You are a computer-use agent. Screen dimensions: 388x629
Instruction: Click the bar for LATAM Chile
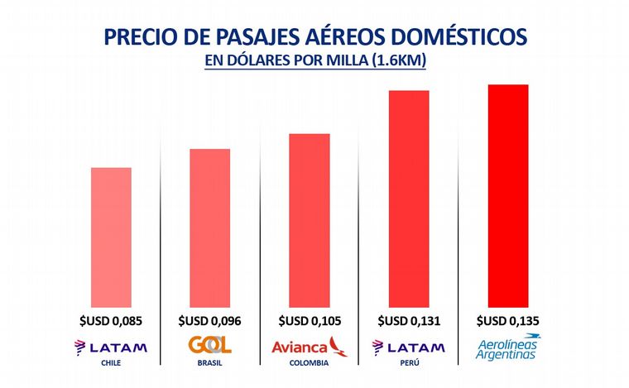(x=111, y=237)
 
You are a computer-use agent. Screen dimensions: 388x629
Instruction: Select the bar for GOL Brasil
(x=210, y=228)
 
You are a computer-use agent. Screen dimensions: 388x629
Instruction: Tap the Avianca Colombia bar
(x=310, y=220)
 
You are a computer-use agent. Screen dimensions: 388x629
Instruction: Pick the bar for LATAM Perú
(x=409, y=199)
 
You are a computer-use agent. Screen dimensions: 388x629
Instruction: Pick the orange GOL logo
(x=210, y=345)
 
